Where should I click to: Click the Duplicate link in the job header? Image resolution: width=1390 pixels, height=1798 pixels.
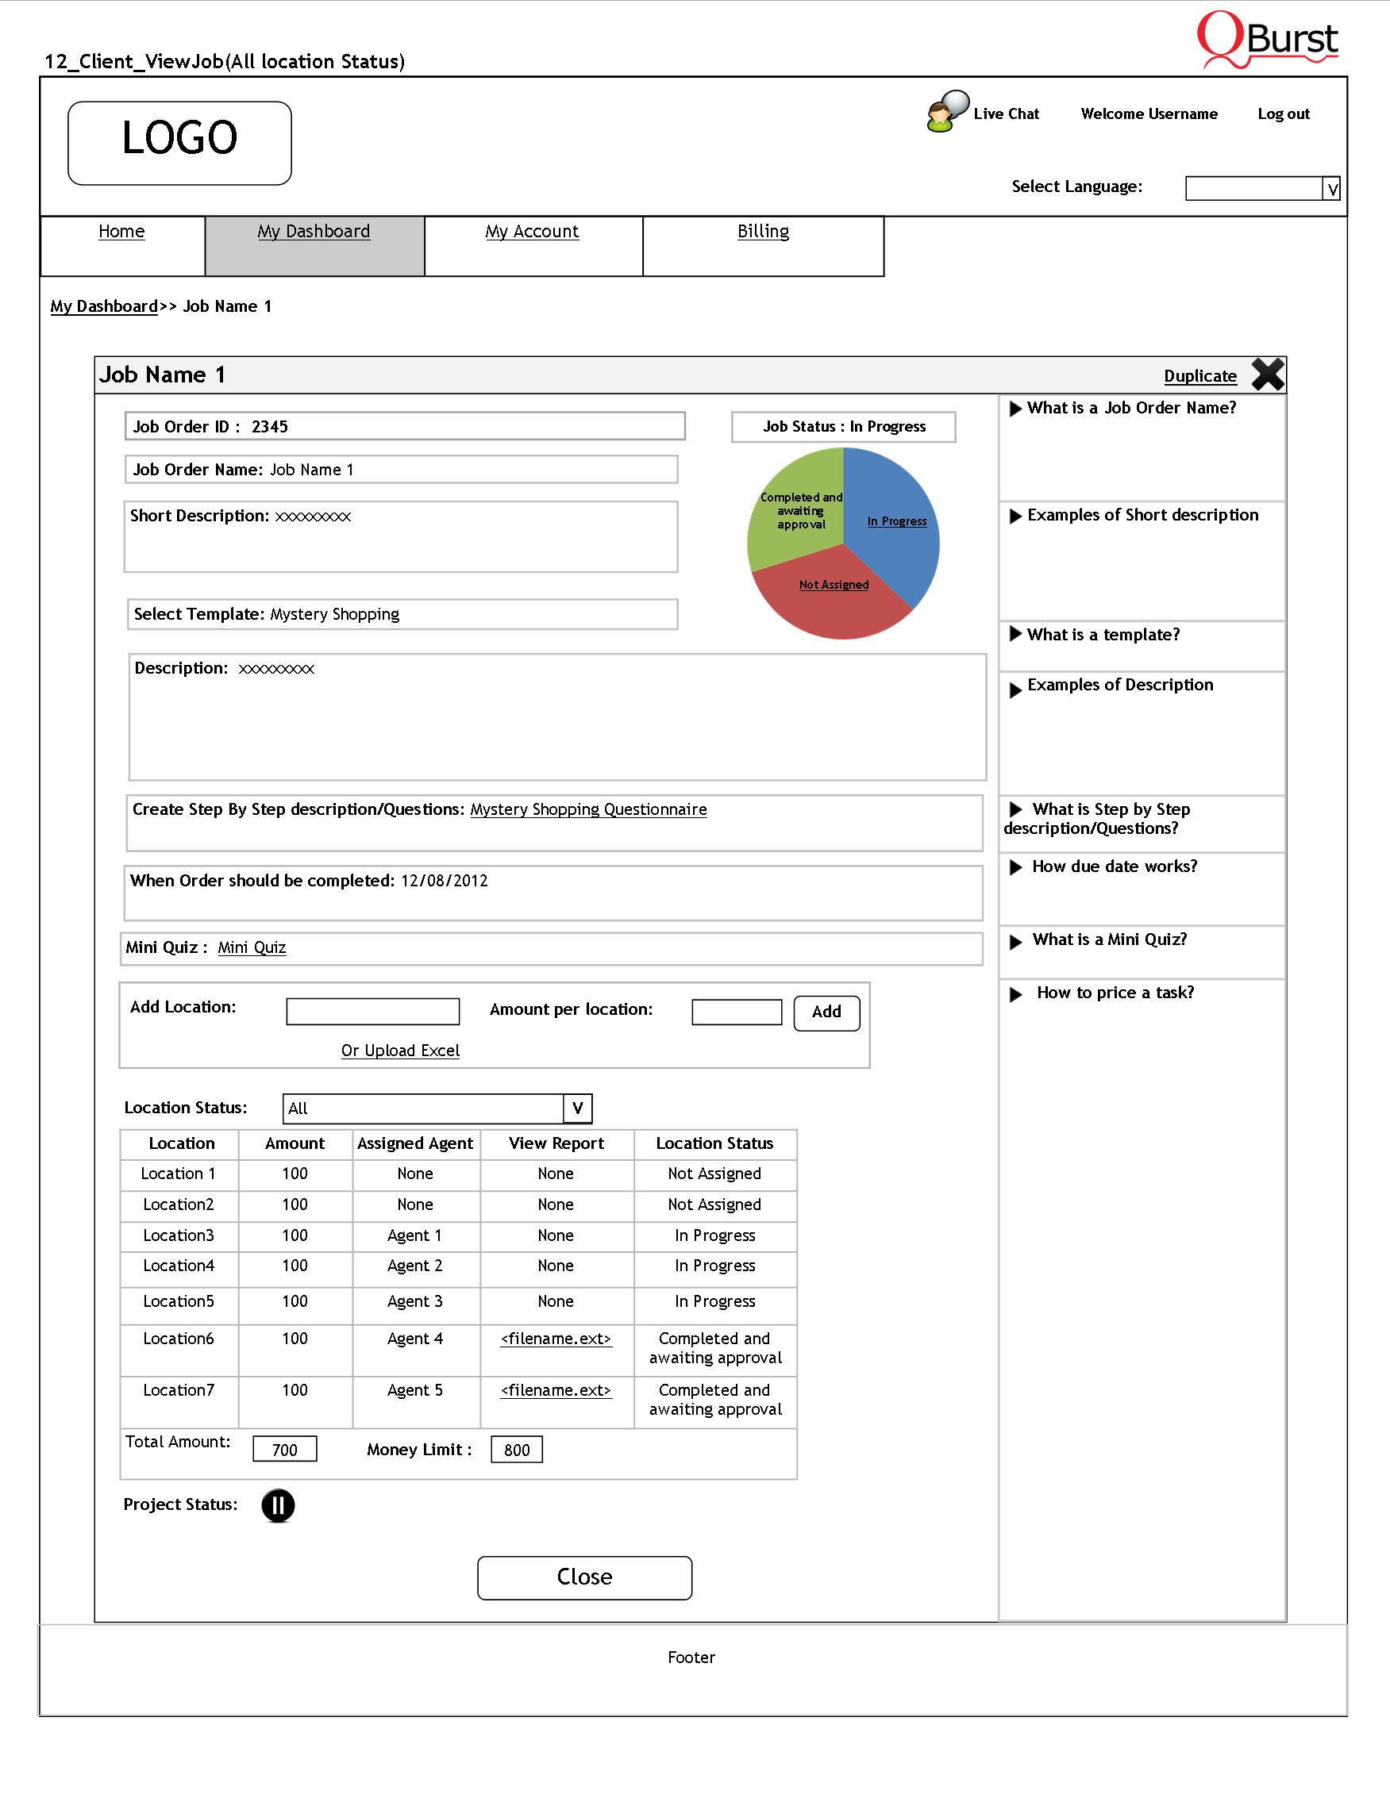[x=1199, y=376]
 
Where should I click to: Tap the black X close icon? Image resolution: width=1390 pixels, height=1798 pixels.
[x=1267, y=375]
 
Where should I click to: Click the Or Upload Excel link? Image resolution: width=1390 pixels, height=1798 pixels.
[x=400, y=1051]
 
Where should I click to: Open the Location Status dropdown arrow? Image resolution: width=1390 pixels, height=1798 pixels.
[x=577, y=1108]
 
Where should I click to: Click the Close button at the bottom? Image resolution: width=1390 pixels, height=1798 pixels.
[x=583, y=1577]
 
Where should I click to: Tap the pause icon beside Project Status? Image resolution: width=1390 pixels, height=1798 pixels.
[x=279, y=1505]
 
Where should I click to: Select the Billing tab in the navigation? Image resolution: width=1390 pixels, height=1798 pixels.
[x=763, y=232]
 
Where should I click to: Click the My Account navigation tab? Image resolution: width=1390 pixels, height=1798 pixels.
[x=532, y=232]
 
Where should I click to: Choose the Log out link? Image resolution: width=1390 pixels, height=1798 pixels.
[x=1283, y=113]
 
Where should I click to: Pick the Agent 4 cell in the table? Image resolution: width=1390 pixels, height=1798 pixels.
[x=415, y=1339]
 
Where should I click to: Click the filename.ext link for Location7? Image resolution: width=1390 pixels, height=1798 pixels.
[x=556, y=1390]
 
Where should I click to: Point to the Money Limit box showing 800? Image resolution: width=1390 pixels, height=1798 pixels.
[x=516, y=1450]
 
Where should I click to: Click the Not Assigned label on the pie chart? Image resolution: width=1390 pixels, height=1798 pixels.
[x=834, y=585]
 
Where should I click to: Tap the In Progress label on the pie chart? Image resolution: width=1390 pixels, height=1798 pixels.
[x=897, y=521]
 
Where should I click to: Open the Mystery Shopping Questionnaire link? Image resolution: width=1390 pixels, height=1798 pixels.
[x=588, y=809]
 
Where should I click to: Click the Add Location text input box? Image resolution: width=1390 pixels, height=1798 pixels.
[x=372, y=1011]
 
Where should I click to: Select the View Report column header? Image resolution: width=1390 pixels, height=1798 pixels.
[x=556, y=1143]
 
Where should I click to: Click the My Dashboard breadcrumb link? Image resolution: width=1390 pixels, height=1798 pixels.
[x=104, y=306]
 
